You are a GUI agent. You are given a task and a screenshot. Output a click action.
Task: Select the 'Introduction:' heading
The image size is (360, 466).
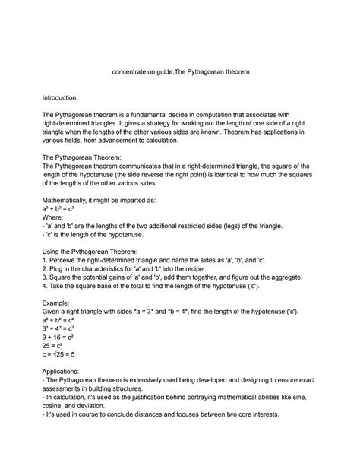coord(66,98)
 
